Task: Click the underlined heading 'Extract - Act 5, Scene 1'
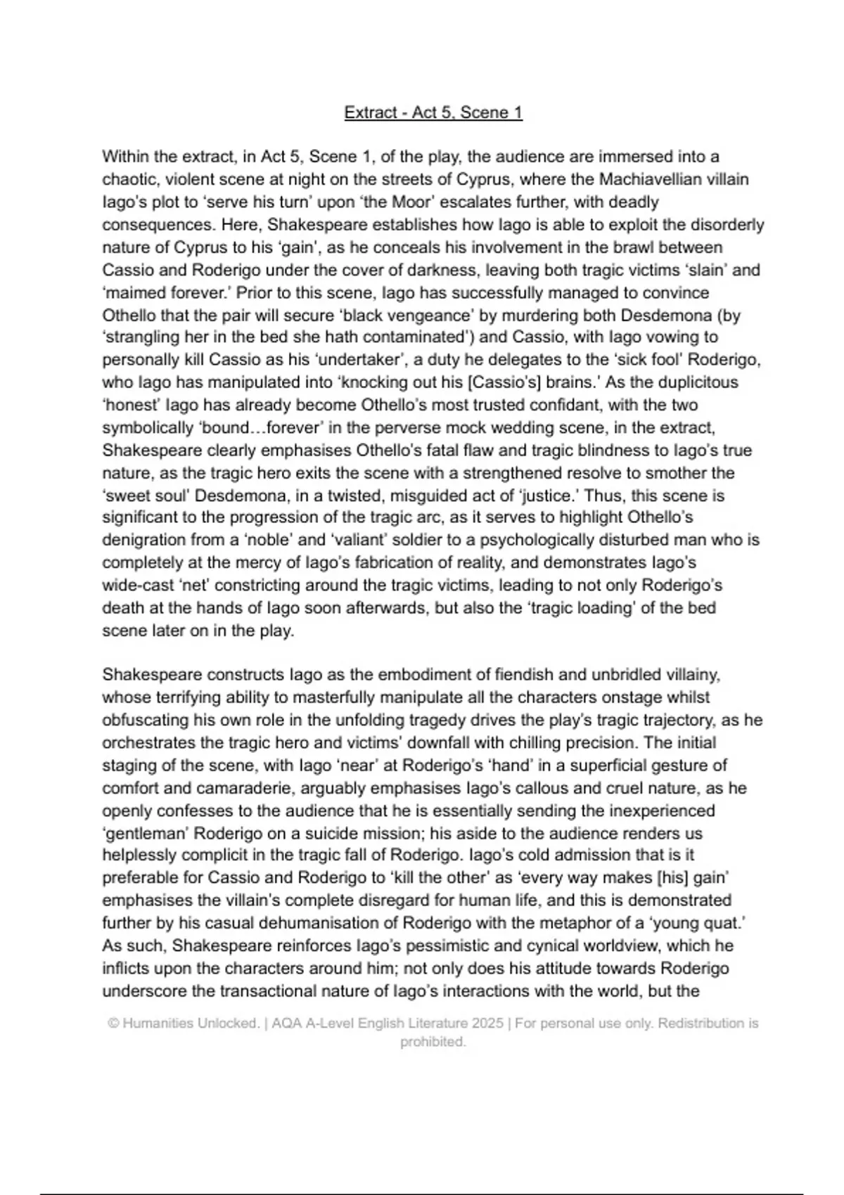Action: click(x=433, y=112)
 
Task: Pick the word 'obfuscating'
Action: click(x=146, y=720)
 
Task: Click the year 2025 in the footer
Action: click(x=488, y=1023)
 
